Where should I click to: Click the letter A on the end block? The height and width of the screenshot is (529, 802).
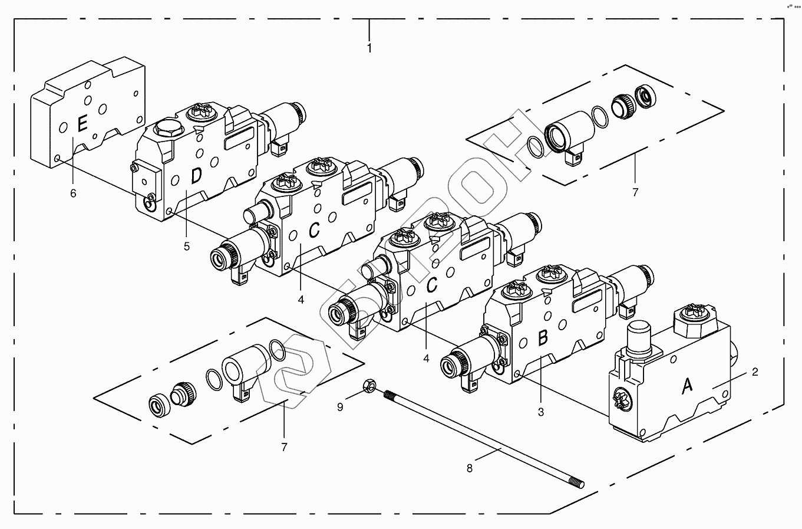pyautogui.click(x=687, y=386)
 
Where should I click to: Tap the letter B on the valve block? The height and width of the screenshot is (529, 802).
pyautogui.click(x=543, y=338)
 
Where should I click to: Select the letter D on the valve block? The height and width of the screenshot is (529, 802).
pyautogui.click(x=196, y=176)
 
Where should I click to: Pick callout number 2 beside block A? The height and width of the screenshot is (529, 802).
pyautogui.click(x=755, y=372)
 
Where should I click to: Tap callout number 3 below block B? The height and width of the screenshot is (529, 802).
pyautogui.click(x=541, y=412)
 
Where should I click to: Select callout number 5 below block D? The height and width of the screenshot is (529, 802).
pyautogui.click(x=187, y=247)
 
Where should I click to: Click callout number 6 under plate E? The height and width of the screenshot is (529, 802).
pyautogui.click(x=73, y=193)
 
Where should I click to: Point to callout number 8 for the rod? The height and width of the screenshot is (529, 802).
pyautogui.click(x=470, y=468)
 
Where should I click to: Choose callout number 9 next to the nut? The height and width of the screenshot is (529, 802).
pyautogui.click(x=340, y=406)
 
